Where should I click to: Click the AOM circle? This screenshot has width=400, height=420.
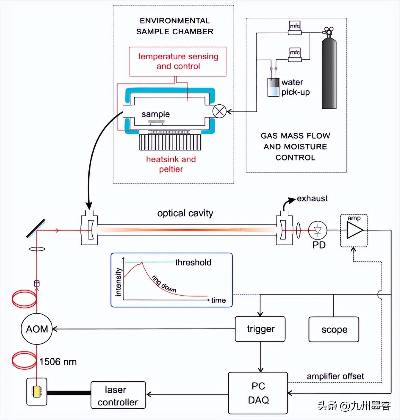(37, 329)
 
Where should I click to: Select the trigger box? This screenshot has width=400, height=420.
(260, 329)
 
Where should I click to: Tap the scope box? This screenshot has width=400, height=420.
(333, 330)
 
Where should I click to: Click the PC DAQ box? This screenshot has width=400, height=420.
(258, 393)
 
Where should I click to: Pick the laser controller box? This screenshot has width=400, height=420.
(118, 396)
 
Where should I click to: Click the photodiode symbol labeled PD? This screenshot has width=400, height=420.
(318, 230)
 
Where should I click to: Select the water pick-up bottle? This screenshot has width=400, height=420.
(273, 87)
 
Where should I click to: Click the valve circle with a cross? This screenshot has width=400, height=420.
(219, 111)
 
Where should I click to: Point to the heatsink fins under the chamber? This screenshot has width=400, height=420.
(170, 142)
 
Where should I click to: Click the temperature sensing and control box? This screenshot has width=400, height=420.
(178, 61)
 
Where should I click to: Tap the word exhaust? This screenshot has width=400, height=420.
(312, 199)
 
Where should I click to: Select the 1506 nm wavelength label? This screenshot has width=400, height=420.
(58, 362)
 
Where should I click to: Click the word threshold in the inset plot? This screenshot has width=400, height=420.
(193, 262)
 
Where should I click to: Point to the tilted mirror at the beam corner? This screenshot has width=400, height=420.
(36, 229)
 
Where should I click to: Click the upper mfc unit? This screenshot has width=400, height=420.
(295, 27)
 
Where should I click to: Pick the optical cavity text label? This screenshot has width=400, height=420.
(185, 213)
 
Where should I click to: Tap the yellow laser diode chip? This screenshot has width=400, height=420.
(36, 391)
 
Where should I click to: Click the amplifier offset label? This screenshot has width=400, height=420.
(335, 376)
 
